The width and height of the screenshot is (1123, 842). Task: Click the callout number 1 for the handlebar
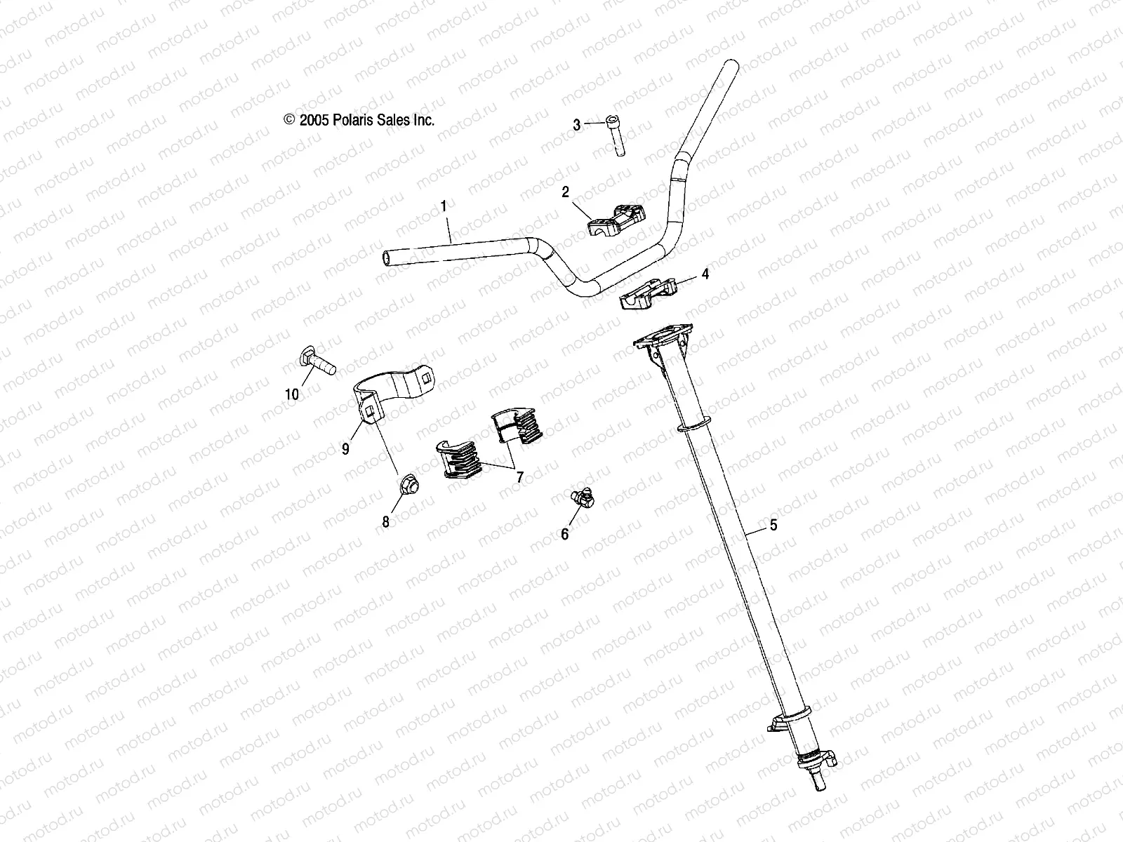click(x=443, y=206)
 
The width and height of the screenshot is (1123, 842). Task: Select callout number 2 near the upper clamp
click(x=565, y=192)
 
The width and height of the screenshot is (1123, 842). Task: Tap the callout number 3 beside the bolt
click(x=596, y=126)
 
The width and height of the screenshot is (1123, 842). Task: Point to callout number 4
click(x=705, y=274)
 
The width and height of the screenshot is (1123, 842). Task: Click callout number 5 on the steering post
click(x=773, y=524)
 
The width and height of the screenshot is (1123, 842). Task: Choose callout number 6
click(x=565, y=534)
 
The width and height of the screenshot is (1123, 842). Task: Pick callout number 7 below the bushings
click(x=519, y=477)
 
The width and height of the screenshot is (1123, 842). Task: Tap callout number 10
click(x=292, y=394)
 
